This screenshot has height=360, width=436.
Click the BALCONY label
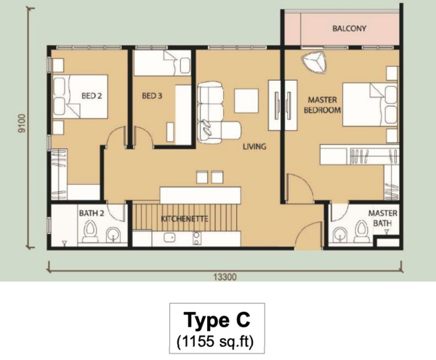[350, 28]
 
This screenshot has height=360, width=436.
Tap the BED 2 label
[92, 96]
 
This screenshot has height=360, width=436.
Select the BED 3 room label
[152, 96]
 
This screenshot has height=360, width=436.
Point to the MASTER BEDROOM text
[322, 105]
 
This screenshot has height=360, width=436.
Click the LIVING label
[254, 146]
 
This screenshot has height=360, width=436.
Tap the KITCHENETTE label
[185, 219]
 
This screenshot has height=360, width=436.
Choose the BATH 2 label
[92, 213]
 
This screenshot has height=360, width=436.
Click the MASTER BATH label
[383, 218]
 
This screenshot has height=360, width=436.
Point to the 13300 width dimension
[225, 277]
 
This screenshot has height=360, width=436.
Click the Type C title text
[217, 320]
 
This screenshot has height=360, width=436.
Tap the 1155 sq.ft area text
[215, 341]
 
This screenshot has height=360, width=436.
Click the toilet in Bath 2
[90, 232]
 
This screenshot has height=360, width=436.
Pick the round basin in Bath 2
[113, 234]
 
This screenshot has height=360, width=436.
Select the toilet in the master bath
[361, 231]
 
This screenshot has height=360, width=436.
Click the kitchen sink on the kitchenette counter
[169, 238]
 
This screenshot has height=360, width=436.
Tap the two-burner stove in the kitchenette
[197, 239]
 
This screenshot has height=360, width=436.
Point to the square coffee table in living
[246, 100]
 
